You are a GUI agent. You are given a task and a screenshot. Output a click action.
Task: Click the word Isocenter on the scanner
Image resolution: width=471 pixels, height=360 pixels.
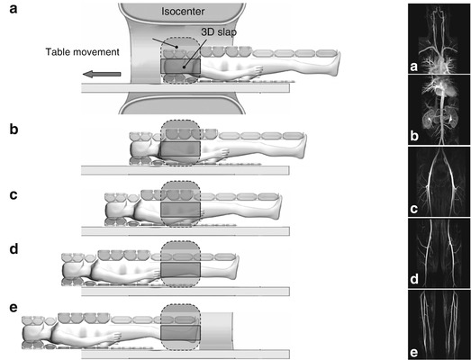(183, 12)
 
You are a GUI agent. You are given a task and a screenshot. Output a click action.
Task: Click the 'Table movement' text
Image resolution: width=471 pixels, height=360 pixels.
(82, 52)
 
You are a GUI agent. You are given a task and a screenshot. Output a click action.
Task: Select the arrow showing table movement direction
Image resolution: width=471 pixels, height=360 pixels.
(102, 74)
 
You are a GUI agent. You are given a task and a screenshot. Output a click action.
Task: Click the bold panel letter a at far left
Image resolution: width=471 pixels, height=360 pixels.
(14, 9)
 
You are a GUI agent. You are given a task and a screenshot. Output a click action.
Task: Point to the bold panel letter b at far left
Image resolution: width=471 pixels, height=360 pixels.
(14, 129)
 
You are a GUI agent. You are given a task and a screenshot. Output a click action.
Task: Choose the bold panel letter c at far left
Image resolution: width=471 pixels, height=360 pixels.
(14, 195)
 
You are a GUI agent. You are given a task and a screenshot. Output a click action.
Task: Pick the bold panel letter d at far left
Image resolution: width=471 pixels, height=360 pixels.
(14, 249)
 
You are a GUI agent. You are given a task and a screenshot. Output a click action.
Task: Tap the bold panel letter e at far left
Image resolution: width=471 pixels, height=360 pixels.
(14, 308)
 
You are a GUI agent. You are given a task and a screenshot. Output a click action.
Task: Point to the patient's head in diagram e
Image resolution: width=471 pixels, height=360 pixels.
(33, 333)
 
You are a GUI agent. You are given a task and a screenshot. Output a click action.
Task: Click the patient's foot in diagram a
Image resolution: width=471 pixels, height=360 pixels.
(335, 64)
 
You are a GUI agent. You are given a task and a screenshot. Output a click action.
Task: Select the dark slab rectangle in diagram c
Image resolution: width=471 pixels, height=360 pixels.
(180, 210)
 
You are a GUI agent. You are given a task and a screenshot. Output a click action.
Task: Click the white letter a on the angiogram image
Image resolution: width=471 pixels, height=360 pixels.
(414, 67)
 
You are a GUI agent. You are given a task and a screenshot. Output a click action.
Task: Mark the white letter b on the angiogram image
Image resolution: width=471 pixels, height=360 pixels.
(414, 136)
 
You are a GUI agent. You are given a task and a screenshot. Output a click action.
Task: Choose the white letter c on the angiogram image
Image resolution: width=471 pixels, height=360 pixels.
(414, 209)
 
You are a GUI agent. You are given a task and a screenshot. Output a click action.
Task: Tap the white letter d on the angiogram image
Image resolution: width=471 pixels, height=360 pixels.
(414, 279)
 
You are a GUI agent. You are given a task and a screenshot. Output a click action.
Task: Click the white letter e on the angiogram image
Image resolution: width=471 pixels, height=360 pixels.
(414, 353)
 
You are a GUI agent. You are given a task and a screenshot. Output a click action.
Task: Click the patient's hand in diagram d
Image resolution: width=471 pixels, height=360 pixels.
(155, 274)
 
